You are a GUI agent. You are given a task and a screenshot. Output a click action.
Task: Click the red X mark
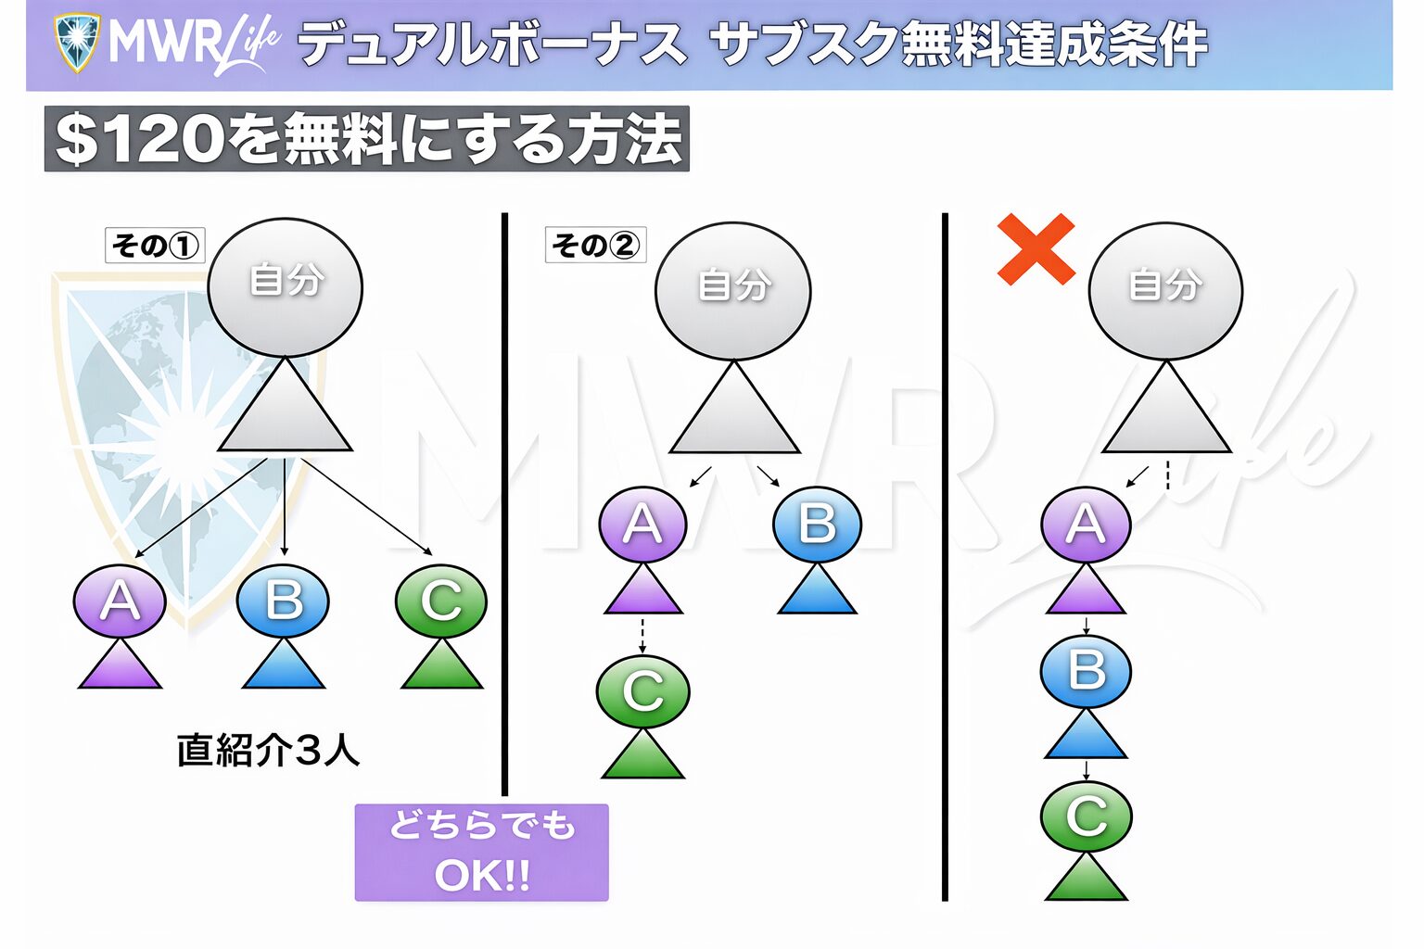(1036, 248)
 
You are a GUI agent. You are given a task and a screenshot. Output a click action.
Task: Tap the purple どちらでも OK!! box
(481, 852)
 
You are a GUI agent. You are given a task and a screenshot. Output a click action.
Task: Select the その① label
(155, 246)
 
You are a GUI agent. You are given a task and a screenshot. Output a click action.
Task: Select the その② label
(595, 246)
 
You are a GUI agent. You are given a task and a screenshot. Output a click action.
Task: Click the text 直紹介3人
(268, 750)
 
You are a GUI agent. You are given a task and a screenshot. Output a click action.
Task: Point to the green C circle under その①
(440, 601)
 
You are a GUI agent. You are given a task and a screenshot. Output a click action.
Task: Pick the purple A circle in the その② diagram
(642, 525)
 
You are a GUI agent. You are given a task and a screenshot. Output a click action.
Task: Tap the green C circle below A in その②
(642, 691)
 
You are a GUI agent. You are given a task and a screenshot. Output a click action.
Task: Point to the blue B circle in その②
(817, 525)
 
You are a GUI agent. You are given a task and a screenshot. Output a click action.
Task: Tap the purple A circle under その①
(120, 601)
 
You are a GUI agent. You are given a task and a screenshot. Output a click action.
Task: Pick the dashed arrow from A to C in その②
(642, 635)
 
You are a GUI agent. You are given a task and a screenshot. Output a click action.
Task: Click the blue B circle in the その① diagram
(283, 601)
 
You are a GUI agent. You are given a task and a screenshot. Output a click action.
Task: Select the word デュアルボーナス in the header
(492, 44)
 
